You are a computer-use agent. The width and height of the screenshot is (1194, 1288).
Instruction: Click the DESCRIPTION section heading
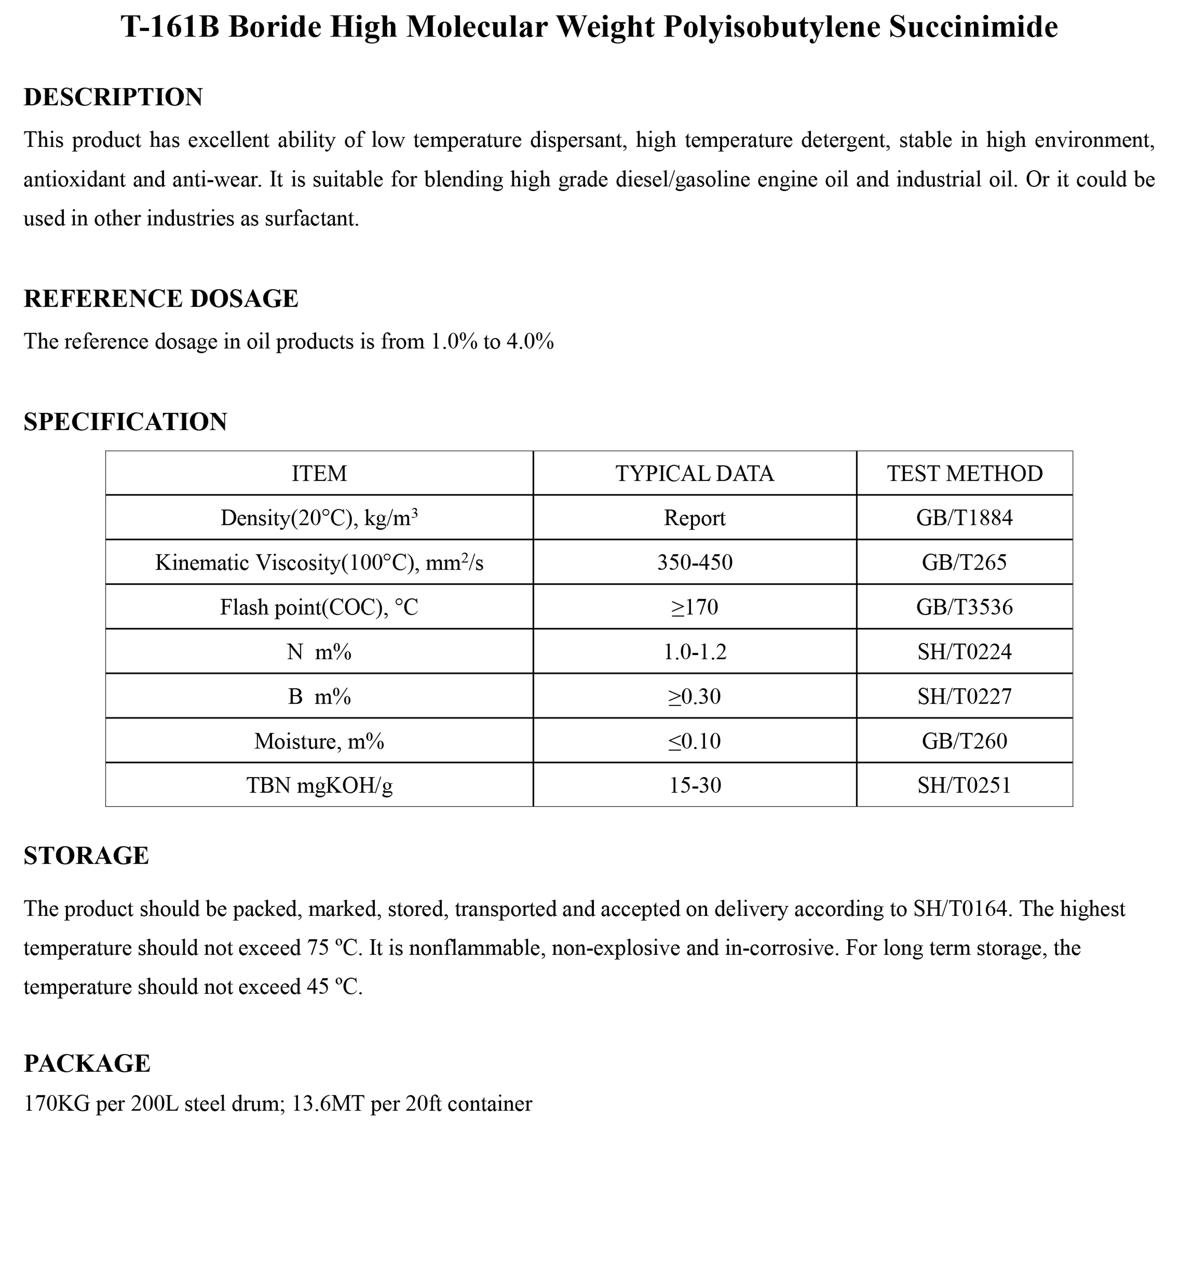click(x=113, y=97)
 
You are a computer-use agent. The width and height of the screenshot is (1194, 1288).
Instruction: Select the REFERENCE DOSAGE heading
click(x=161, y=299)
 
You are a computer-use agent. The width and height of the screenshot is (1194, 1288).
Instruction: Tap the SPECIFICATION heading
click(x=125, y=422)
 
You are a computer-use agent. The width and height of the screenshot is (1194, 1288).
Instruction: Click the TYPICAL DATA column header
click(x=695, y=473)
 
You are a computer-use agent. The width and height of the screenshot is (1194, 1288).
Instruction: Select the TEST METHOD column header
click(x=964, y=473)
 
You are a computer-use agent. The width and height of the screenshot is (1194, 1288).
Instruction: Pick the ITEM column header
click(x=319, y=473)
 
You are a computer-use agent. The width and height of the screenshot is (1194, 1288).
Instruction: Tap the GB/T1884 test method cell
click(x=964, y=518)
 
